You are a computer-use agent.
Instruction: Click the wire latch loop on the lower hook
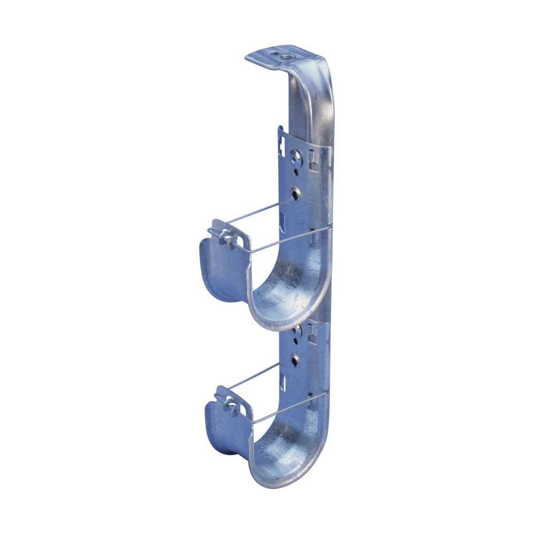tap(231, 404)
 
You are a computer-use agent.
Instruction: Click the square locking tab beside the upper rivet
tap(313, 158)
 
